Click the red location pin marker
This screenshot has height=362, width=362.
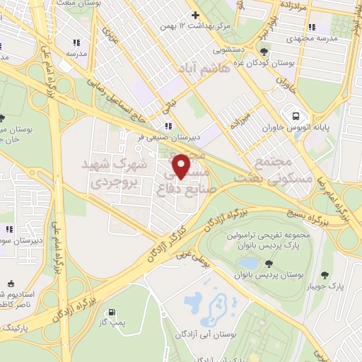click(182, 167)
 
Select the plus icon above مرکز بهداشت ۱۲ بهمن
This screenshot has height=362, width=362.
click(196, 16)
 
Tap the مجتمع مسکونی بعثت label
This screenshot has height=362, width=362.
click(281, 171)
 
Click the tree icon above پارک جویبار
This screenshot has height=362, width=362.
click(325, 275)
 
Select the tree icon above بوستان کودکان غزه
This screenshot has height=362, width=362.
click(264, 51)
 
